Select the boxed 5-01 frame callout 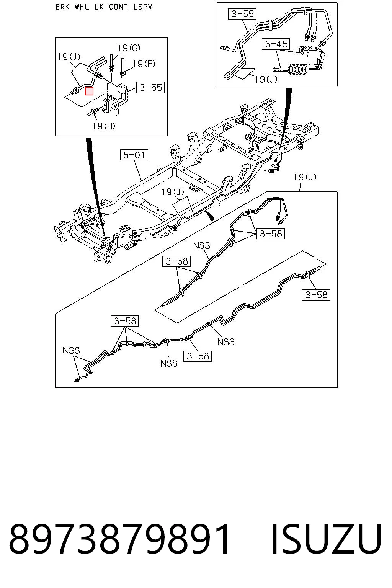[x=134, y=155]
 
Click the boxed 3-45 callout [x=276, y=44]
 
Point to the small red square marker [x=89, y=91]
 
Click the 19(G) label [x=129, y=48]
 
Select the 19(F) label [x=144, y=64]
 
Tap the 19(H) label [x=104, y=126]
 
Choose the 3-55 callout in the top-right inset [x=243, y=14]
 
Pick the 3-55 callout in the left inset [x=150, y=87]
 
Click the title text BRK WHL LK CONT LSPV [x=104, y=7]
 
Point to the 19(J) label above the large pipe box [x=305, y=177]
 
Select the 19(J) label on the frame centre [x=173, y=192]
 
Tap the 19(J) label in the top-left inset [x=69, y=56]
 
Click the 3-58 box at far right [x=316, y=295]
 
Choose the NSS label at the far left [x=71, y=350]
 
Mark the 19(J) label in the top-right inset [x=266, y=79]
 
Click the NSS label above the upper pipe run [x=202, y=245]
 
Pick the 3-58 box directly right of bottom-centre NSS [x=198, y=356]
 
